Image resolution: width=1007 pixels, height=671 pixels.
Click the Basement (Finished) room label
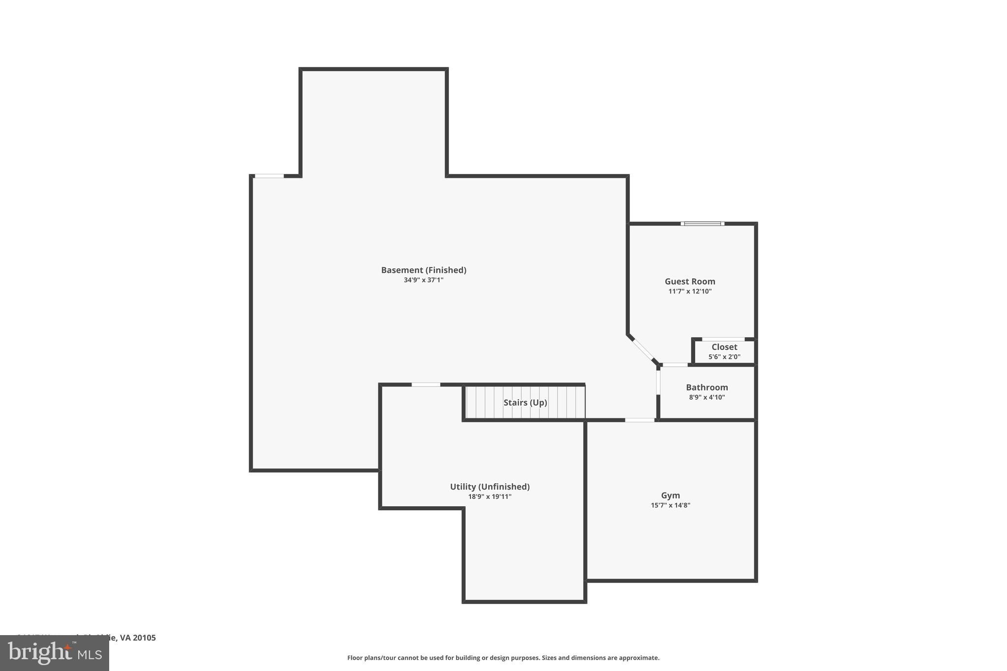423,270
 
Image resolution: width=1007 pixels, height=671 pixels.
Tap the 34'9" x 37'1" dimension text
423,280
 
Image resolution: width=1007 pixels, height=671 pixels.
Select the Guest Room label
690,281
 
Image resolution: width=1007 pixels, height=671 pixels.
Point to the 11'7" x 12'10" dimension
690,292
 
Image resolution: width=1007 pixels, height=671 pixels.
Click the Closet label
724,347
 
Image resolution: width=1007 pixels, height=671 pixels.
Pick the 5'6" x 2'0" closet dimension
724,357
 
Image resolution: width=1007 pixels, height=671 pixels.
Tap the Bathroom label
707,387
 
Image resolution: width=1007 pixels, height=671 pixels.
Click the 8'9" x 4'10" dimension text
707,397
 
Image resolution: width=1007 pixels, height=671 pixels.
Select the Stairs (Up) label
525,403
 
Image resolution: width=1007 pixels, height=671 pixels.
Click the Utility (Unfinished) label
490,487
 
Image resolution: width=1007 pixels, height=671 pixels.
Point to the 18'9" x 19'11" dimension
490,496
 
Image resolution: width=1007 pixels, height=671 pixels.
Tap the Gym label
670,496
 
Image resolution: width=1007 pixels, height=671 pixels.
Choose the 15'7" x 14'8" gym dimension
670,505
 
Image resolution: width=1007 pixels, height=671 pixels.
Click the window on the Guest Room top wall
702,224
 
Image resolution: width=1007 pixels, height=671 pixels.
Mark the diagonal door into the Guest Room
642,350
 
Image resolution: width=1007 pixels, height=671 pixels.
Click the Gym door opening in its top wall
640,420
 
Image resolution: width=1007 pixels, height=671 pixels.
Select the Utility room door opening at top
426,384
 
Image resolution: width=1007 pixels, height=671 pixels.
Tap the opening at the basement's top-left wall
269,176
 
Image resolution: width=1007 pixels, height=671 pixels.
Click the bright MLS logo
55,653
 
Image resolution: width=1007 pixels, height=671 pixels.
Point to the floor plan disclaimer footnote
503,658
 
